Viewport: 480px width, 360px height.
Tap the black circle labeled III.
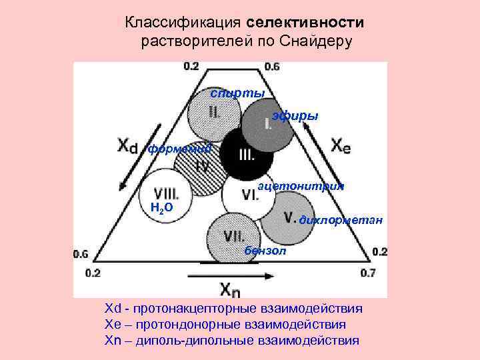coord(246,155)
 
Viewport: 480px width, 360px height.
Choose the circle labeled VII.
coord(233,236)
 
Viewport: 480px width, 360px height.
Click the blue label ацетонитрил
coord(301,186)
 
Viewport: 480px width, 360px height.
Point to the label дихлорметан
coord(341,219)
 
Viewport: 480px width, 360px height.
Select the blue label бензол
coord(265,251)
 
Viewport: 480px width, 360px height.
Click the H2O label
coord(162,207)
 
